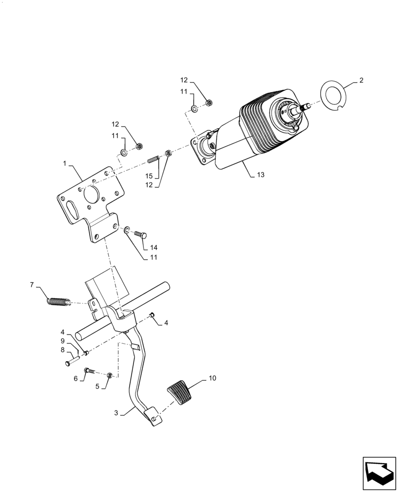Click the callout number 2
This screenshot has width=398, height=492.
pyautogui.click(x=361, y=80)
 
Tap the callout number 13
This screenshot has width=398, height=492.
pyautogui.click(x=261, y=175)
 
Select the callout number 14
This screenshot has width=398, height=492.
pyautogui.click(x=154, y=247)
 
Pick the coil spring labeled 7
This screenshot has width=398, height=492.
pyautogui.click(x=58, y=299)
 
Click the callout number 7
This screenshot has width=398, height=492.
pyautogui.click(x=32, y=284)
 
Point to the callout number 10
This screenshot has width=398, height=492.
pyautogui.click(x=212, y=378)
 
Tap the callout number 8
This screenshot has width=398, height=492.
pyautogui.click(x=63, y=350)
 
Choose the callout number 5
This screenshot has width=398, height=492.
pyautogui.click(x=98, y=387)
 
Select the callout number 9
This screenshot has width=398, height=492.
pyautogui.click(x=63, y=340)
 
